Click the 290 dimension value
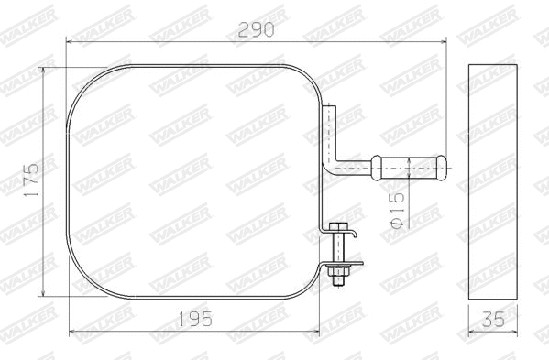click(256, 29)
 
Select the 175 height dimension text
click(30, 181)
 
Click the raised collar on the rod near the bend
click(375, 169)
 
